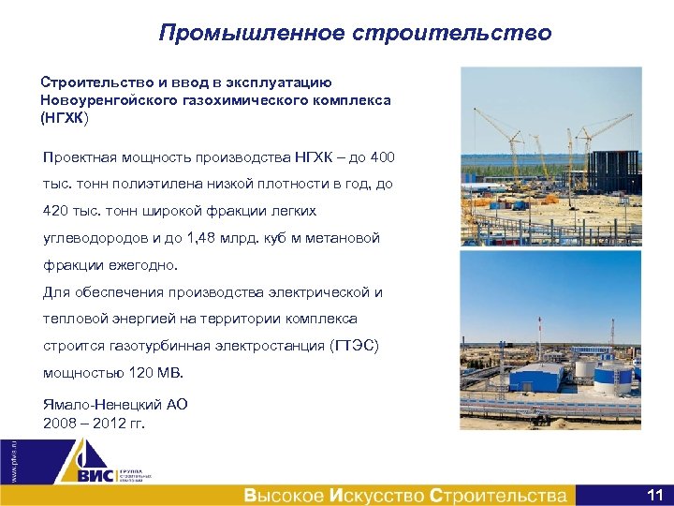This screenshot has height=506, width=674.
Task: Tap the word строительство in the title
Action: click(x=452, y=34)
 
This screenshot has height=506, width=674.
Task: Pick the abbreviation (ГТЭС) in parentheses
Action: click(x=355, y=346)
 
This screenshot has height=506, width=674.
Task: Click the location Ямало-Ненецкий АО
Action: click(x=115, y=405)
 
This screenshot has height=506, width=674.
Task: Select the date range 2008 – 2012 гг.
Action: click(x=95, y=423)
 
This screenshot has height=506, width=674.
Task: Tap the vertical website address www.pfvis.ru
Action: click(x=13, y=459)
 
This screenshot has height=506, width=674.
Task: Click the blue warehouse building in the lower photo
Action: click(x=536, y=379)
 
